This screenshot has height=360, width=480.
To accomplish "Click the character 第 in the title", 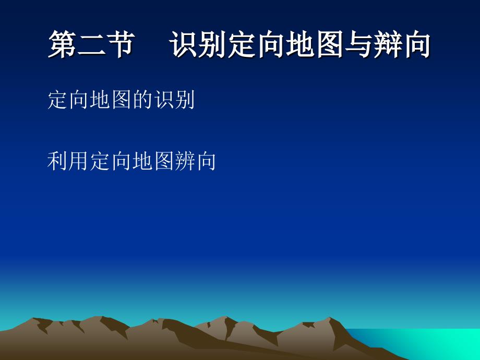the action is pos(63,44).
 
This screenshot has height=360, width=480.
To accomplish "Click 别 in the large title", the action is pos(212,44).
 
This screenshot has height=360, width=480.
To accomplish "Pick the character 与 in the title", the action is pos(358,44).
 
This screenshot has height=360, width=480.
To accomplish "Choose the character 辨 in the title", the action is pos(388,44).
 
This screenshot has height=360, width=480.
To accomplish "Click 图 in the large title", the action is pos(329,44).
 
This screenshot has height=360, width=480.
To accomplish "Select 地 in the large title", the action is pos(300,44).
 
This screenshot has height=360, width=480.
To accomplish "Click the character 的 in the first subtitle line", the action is pos(143,100).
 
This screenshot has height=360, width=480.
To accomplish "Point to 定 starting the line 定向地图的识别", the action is pos(58,100).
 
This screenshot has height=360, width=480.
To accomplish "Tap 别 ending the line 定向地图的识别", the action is pos(185,100).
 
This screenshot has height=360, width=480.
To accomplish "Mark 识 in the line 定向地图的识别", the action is pos(164,100).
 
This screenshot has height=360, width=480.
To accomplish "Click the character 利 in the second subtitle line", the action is pos(58,161).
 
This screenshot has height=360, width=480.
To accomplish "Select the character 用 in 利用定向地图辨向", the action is pos(79,161).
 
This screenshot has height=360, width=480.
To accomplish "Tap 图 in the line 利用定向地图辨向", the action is pos(164,161).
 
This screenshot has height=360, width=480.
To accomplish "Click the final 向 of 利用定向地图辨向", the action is pos(206,161).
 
